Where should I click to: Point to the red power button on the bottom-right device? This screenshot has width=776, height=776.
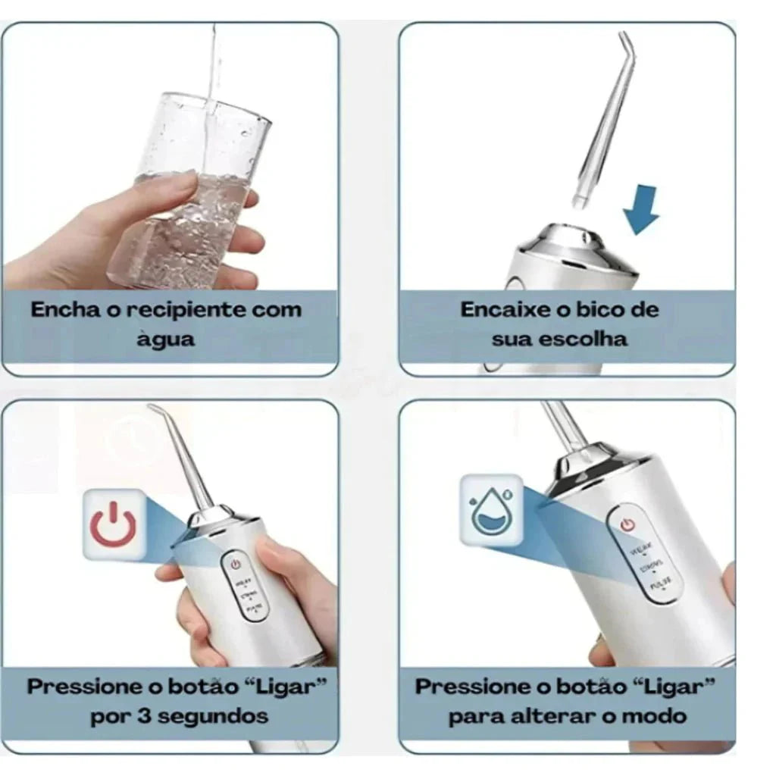tap(626, 524)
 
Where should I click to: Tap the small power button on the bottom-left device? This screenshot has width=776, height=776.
tap(235, 565)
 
